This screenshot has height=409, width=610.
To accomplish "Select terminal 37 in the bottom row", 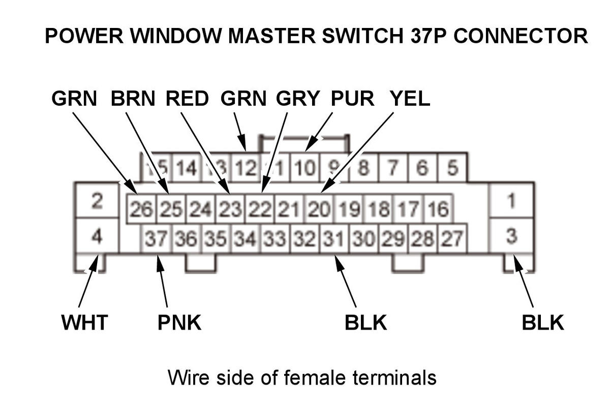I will click(157, 238).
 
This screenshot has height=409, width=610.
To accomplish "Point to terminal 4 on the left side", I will click(97, 236).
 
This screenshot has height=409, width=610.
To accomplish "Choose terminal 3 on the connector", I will click(511, 236).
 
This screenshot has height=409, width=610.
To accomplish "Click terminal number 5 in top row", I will click(452, 167).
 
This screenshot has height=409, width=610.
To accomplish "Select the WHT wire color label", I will click(84, 323).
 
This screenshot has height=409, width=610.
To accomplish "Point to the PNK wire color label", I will click(179, 323).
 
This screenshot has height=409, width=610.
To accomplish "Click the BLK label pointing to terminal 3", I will click(542, 323).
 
